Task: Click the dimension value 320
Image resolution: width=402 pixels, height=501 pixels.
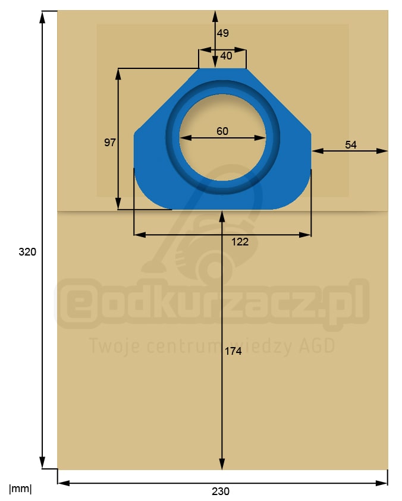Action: tap(27, 252)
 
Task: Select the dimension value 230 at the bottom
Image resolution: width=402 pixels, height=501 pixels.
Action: tap(220, 491)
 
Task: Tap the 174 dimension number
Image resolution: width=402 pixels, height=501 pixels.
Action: tap(233, 351)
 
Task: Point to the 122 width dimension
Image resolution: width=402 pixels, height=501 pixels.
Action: tap(240, 242)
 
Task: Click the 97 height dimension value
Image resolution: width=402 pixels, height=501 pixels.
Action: tap(109, 143)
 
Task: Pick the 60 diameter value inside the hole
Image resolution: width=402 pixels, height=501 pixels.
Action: tap(222, 131)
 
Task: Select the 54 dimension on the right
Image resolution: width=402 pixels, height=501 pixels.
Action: tap(351, 144)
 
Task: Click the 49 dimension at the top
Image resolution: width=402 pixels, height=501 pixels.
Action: tap(222, 33)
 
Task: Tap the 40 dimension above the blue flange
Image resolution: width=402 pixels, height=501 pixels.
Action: tap(226, 56)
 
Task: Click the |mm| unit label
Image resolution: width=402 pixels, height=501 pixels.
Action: tap(20, 489)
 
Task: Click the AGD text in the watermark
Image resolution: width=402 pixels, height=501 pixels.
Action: tap(318, 346)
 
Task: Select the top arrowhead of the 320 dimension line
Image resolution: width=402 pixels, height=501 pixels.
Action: tap(42, 17)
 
